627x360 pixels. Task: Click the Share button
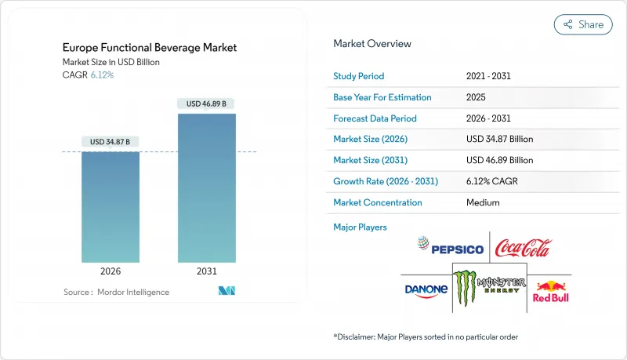click(583, 24)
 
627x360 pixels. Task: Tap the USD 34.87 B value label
click(110, 142)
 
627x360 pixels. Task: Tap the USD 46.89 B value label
click(206, 104)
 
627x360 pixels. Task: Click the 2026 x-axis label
click(110, 272)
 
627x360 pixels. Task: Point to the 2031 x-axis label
click(206, 272)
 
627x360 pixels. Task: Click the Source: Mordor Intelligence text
click(116, 292)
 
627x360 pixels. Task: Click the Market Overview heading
click(371, 44)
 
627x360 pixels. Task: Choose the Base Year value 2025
click(476, 97)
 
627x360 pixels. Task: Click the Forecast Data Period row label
click(375, 118)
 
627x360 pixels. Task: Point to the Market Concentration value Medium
click(482, 202)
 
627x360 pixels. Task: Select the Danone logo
click(426, 289)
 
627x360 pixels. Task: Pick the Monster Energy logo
click(490, 287)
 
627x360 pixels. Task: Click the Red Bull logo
click(551, 290)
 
